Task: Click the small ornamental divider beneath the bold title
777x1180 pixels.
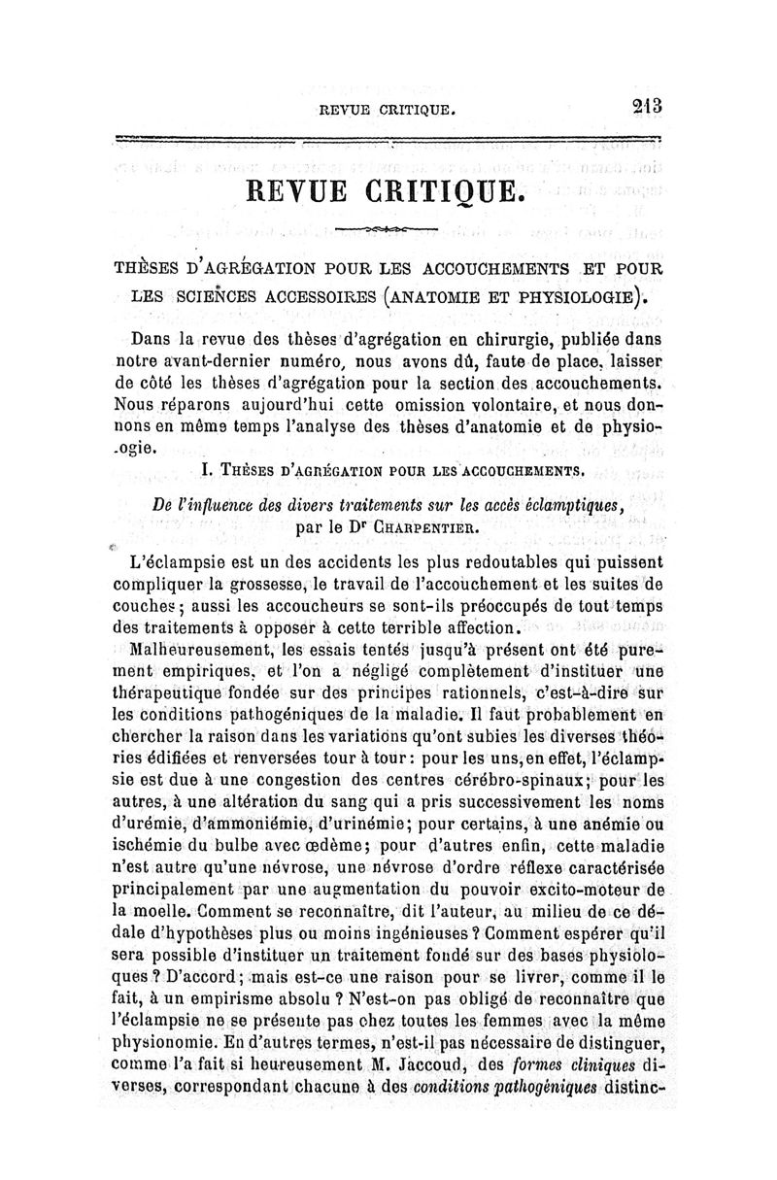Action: coord(387,227)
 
